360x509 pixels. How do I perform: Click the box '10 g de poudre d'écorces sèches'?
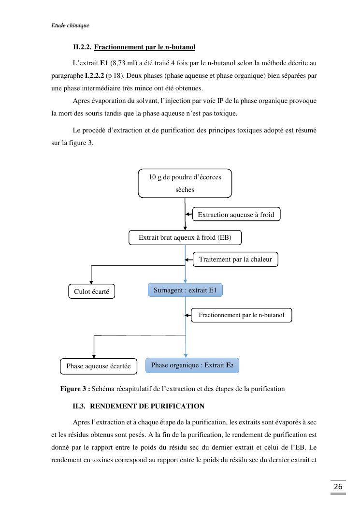tap(185, 183)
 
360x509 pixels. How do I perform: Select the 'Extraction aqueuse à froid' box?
tap(236, 215)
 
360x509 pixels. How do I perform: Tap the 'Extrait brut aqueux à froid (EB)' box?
tap(185, 238)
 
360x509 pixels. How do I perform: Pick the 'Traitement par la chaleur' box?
tap(235, 260)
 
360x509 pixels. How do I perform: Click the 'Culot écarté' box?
tap(91, 291)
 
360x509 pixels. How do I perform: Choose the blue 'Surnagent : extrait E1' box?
tap(185, 291)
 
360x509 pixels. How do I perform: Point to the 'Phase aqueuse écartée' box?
tap(99, 366)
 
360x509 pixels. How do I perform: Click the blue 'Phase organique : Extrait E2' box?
tap(192, 365)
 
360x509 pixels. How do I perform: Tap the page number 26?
tap(338, 486)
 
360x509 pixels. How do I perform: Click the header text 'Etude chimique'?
tap(70, 26)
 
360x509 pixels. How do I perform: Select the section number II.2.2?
tap(82, 47)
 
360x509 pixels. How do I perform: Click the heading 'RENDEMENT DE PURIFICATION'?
tap(147, 406)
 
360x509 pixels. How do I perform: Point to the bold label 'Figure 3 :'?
tap(75, 389)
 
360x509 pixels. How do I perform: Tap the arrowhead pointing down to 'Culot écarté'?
tap(91, 281)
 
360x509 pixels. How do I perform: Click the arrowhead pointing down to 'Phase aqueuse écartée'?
tap(93, 356)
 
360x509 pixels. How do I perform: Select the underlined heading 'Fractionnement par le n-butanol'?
tap(144, 47)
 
